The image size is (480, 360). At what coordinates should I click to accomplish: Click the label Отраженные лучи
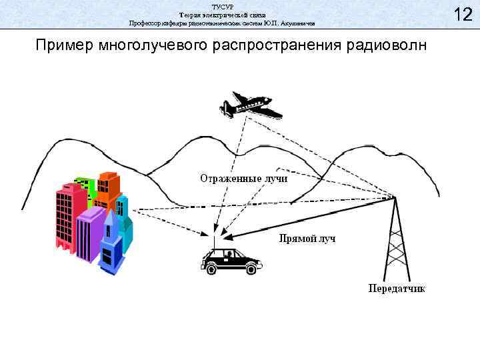tap(243, 179)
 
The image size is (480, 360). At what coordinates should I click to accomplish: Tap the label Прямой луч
tap(306, 238)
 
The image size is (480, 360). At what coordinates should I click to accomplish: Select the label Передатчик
tap(397, 289)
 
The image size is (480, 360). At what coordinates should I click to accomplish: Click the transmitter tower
tap(397, 240)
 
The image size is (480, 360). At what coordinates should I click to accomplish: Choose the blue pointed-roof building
tap(111, 247)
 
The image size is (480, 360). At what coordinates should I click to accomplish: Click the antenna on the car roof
tap(214, 240)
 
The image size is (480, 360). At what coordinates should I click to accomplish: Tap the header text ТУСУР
tap(221, 5)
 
